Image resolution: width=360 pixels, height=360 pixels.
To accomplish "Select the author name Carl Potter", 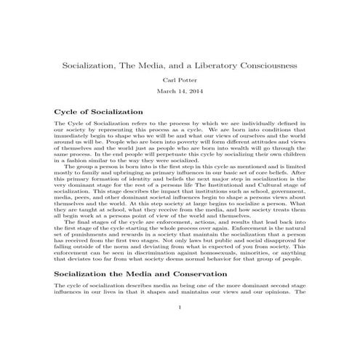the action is point(180,80).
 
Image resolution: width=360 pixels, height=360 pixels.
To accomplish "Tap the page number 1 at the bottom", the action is point(180,328).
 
